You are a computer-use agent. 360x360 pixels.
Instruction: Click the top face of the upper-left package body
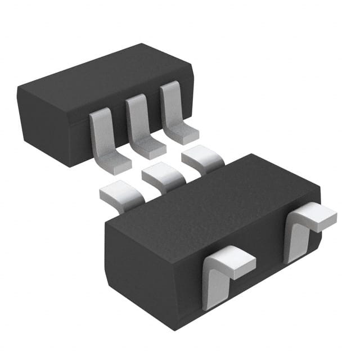107,79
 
